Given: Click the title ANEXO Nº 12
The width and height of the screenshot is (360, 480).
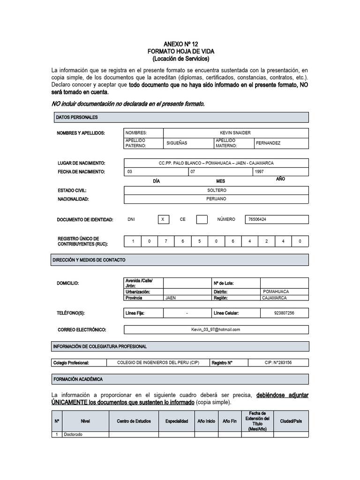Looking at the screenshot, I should click(180, 43).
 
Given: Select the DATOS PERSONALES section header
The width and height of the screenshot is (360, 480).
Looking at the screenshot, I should click(77, 117).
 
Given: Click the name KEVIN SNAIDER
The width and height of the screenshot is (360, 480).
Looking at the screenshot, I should click(235, 133).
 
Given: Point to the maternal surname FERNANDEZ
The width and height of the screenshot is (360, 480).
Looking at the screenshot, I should click(268, 143).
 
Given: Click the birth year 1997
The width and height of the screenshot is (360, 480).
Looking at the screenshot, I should click(259, 172).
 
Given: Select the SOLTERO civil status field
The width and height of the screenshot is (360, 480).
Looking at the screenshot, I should click(216, 190).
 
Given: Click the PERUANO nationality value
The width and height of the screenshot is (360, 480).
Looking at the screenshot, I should click(216, 199).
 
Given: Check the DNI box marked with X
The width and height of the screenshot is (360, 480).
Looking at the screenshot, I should click(163, 219).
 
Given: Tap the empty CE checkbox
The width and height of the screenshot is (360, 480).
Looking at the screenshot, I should click(202, 219).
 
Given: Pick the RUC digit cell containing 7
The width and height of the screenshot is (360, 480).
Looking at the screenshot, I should click(166, 241).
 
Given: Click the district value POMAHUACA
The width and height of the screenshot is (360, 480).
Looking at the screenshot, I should click(276, 292).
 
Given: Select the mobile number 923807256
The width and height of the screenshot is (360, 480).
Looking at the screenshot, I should click(284, 313).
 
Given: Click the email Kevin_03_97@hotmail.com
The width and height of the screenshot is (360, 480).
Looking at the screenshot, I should click(216, 330).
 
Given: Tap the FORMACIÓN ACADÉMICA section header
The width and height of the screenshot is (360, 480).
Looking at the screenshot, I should click(78, 379).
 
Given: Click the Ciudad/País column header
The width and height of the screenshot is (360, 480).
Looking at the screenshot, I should click(291, 421).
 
